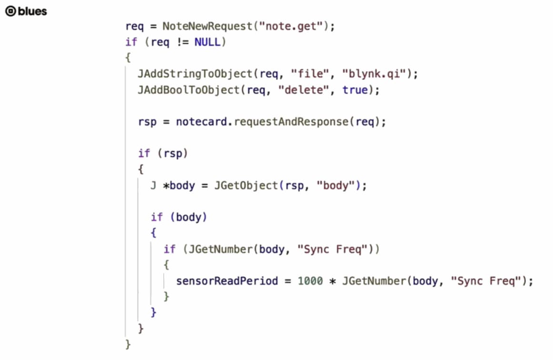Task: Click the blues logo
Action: (26, 11)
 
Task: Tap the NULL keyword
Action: (207, 42)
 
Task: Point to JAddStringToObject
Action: (195, 74)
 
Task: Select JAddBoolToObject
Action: (188, 90)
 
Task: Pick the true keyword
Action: (355, 90)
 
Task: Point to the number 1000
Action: (310, 281)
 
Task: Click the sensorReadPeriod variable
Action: (227, 281)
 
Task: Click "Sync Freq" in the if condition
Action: (332, 249)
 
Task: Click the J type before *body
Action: (153, 186)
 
